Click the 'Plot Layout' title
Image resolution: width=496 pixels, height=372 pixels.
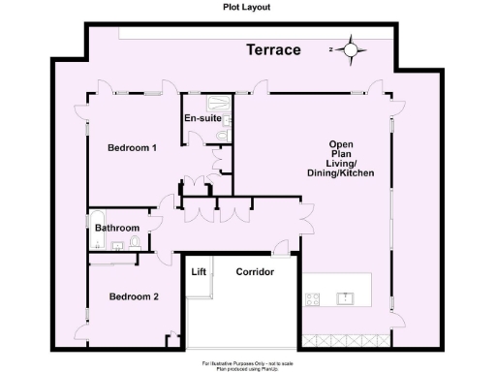click(x=248, y=6)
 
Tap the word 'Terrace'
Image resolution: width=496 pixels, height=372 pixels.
click(x=272, y=49)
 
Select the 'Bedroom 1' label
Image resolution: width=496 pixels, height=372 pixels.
click(x=132, y=148)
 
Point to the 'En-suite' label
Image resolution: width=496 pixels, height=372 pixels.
click(x=202, y=119)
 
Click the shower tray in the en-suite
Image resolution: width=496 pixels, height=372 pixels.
click(x=217, y=105)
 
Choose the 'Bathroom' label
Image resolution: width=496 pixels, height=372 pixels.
click(x=117, y=229)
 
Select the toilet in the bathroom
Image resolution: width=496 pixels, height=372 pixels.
click(x=136, y=242)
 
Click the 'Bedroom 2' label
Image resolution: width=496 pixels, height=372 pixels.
click(x=133, y=296)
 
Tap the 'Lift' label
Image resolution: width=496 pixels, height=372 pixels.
click(x=200, y=272)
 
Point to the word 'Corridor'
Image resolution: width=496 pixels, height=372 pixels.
click(x=255, y=272)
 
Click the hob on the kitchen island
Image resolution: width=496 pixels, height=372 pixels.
click(x=313, y=299)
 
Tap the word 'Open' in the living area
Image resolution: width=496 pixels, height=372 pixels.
click(x=344, y=144)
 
